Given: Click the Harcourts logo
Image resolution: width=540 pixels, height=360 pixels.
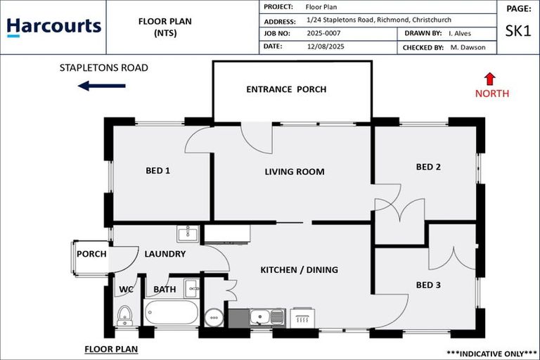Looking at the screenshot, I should pos(53,27).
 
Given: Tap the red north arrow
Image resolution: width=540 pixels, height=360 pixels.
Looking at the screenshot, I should pos(490,79).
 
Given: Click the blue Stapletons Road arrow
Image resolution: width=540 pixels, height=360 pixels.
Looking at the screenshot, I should pos(101,86).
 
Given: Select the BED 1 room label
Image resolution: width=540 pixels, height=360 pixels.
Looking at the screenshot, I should pos(157,171).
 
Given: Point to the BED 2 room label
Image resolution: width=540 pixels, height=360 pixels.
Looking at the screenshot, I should pos(428,167).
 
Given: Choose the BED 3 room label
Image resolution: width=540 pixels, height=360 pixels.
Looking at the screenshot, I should pos(428,285).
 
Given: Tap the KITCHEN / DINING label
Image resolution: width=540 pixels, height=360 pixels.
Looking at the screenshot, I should pos(299,270).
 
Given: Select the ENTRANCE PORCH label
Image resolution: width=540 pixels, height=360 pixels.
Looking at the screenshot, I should pos(286,89).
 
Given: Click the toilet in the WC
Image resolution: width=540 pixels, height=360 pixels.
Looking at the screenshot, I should pos(124,316).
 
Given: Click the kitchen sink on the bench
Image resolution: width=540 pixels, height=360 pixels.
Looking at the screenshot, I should pos(267,317).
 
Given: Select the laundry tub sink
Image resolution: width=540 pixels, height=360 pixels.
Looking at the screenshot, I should pos(188,233).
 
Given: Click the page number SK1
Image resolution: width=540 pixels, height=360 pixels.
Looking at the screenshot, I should pos(519,31).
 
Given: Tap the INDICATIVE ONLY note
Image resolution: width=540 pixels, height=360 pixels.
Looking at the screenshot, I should pos(491,352).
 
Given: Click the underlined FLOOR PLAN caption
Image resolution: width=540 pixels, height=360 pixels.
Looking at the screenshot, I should pos(110,349).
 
